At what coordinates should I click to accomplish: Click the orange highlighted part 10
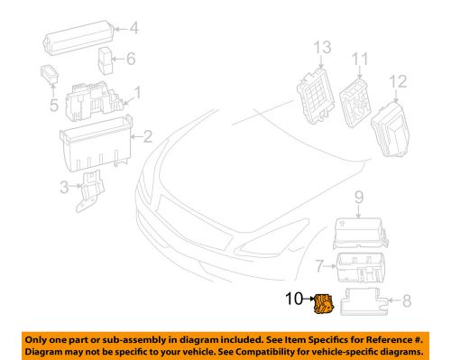(x=321, y=306)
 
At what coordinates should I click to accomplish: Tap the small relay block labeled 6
(x=106, y=60)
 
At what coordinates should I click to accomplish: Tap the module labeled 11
(x=358, y=98)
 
